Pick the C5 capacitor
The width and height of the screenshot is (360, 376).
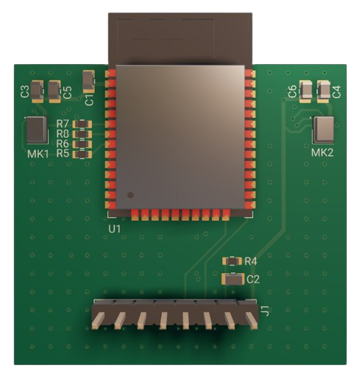point(54,91)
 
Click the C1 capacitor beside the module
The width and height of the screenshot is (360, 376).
point(89,79)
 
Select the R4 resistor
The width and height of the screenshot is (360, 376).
point(233,261)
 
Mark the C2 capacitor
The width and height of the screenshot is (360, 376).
point(233,278)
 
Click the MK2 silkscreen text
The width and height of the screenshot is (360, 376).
point(322,152)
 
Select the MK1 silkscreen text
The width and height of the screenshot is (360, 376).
point(38,154)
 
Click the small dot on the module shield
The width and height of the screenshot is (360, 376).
point(130,195)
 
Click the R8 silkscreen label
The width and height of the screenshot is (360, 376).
point(62,134)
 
